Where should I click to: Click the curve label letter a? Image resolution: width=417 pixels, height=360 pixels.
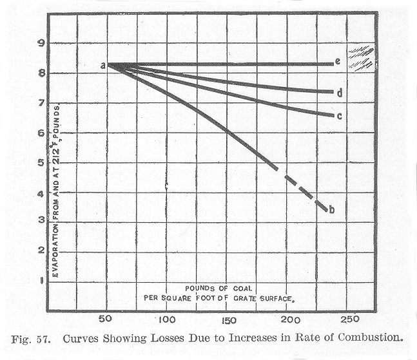click(103, 64)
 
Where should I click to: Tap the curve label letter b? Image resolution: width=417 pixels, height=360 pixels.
click(331, 209)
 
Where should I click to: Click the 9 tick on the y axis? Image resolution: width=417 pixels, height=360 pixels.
click(40, 44)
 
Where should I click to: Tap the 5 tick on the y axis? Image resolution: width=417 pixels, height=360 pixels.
click(40, 163)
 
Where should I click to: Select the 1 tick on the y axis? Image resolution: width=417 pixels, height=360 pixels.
click(40, 280)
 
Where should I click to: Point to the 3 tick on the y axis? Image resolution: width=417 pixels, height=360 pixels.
click(40, 222)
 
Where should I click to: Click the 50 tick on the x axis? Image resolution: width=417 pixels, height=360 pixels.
click(106, 320)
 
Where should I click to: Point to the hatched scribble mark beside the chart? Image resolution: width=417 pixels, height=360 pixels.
click(362, 57)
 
